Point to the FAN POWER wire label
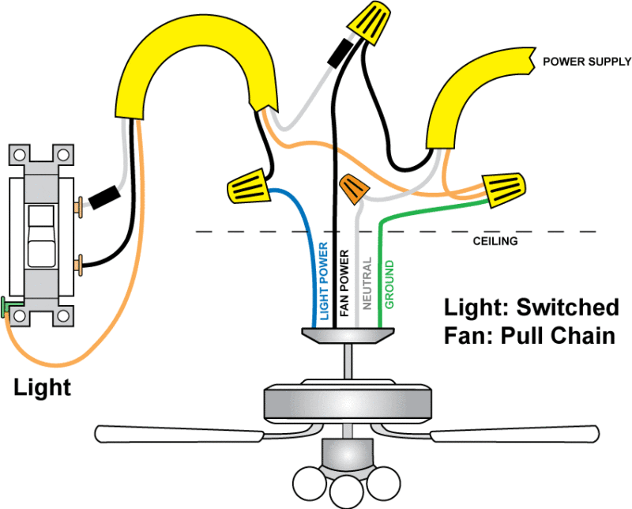(x=344, y=284)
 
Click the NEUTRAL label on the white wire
(x=367, y=282)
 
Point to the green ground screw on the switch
(x=8, y=304)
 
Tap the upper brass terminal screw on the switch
(x=78, y=207)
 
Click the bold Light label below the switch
(x=42, y=387)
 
